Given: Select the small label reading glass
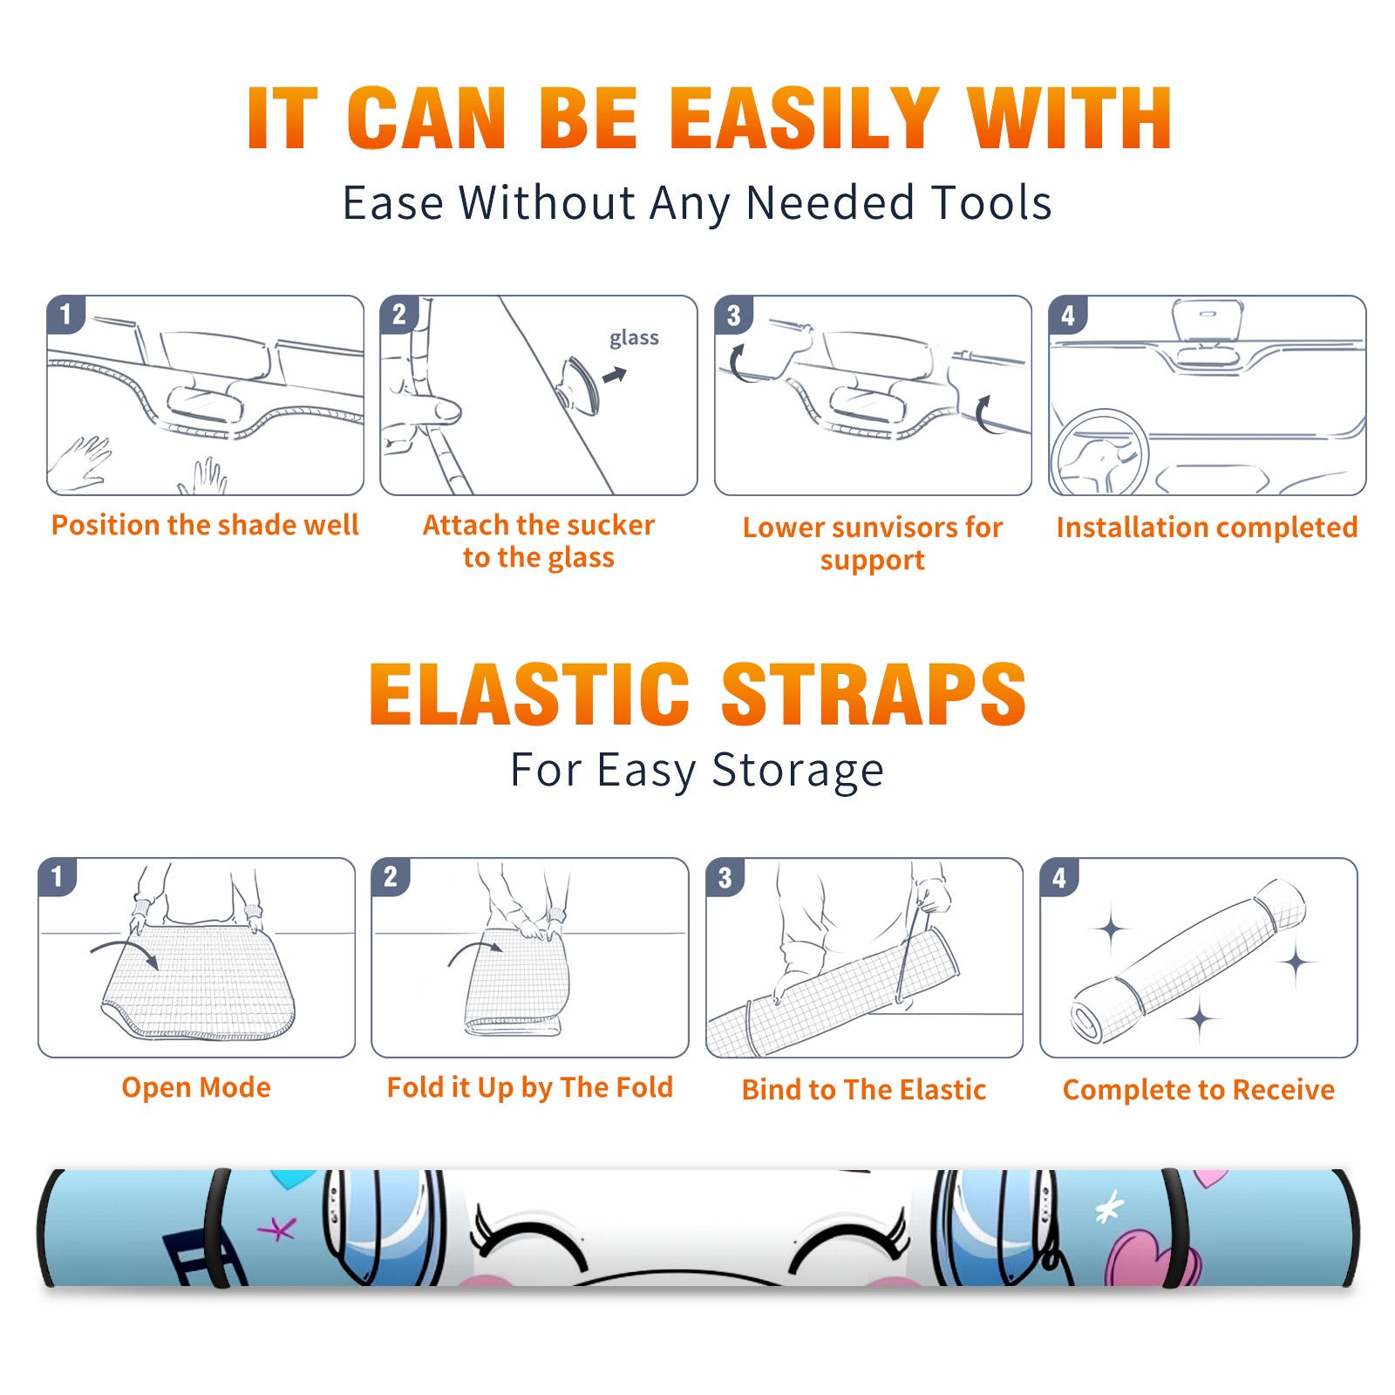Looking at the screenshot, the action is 634,338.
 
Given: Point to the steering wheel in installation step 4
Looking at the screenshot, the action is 1099,453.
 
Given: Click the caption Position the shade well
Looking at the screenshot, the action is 205,525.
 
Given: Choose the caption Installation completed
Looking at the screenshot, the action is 1207,527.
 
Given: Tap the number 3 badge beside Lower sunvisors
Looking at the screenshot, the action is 733,316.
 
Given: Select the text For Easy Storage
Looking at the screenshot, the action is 697,771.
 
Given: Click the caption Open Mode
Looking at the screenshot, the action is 196,1087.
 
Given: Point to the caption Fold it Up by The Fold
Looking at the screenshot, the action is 530,1088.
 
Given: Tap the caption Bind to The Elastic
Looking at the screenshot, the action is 864,1090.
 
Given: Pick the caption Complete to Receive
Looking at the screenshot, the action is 1199,1090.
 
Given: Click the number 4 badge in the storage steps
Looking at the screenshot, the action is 1059,877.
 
